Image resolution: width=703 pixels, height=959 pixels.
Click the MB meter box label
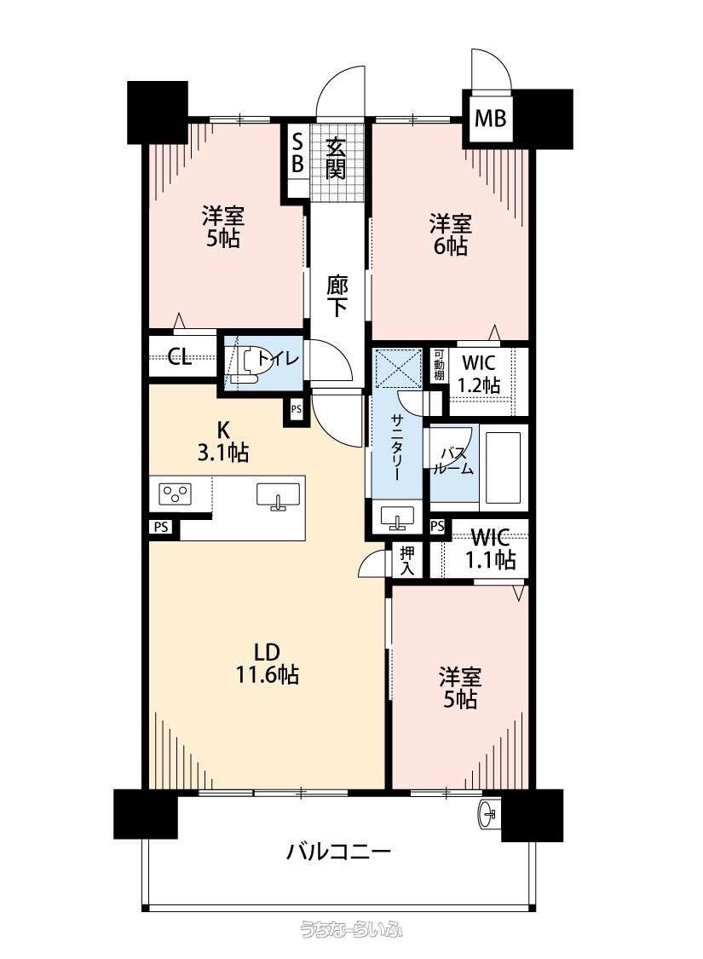pyautogui.click(x=490, y=118)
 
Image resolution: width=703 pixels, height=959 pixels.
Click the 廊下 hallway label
pyautogui.click(x=337, y=297)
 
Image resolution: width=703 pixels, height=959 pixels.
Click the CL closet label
pyautogui.click(x=180, y=357)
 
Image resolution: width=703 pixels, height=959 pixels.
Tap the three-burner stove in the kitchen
pyautogui.click(x=176, y=494)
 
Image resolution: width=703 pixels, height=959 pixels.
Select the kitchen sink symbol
pyautogui.click(x=279, y=495)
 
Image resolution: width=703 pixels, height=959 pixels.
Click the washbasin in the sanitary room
pyautogui.click(x=397, y=517)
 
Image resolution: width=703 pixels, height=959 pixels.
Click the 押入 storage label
pyautogui.click(x=406, y=561)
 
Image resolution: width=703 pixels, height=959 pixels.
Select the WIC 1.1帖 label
pyautogui.click(x=490, y=549)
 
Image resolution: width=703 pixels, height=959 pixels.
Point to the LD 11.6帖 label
pyautogui.click(x=268, y=663)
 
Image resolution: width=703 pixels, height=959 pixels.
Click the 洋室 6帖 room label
pyautogui.click(x=451, y=234)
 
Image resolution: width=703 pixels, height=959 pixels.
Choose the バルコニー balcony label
pyautogui.click(x=338, y=851)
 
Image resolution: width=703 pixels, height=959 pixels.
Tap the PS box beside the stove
pyautogui.click(x=161, y=527)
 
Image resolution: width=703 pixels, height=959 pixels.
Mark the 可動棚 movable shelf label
pyautogui.click(x=439, y=365)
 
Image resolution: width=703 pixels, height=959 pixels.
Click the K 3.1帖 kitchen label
pyautogui.click(x=224, y=441)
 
